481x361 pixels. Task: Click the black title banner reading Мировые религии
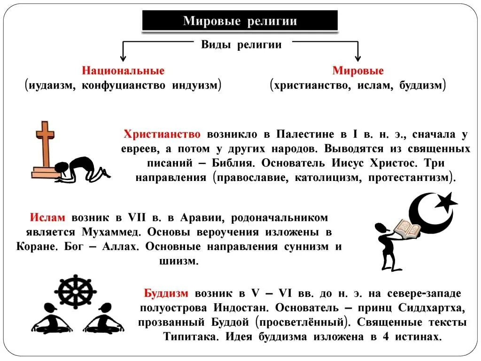click(240, 21)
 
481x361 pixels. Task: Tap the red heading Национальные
click(123, 71)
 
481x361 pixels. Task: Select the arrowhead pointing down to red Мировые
click(358, 58)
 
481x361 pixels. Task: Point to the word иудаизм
click(51, 86)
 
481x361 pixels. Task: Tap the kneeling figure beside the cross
click(82, 168)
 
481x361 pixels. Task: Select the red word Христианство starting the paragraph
click(162, 134)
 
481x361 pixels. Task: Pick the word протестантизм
click(409, 178)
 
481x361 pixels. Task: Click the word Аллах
click(123, 247)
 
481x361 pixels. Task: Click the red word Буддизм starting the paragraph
click(166, 294)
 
